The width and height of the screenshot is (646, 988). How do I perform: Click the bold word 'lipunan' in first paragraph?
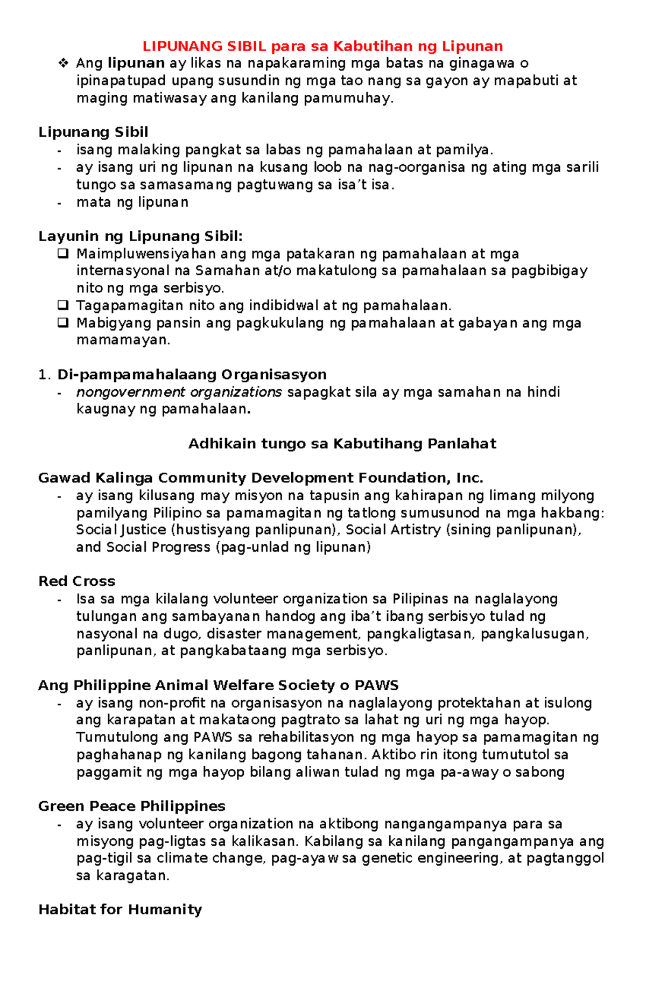[x=136, y=64]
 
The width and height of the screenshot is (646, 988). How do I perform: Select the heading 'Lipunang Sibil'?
[x=93, y=132]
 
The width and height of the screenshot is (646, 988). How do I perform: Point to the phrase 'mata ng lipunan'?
[x=132, y=202]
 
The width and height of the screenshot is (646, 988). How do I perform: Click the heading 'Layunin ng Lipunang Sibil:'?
[x=141, y=236]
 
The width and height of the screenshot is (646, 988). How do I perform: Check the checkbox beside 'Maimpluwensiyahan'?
[x=62, y=254]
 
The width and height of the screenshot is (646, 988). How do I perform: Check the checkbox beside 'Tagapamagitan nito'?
[x=62, y=306]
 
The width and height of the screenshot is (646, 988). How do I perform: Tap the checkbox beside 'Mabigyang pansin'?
[x=62, y=323]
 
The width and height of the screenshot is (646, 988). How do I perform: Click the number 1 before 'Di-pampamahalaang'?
[x=43, y=375]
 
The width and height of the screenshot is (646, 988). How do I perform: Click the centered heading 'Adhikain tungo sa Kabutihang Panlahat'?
[x=342, y=444]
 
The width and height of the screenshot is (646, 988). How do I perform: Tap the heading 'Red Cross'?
[x=76, y=581]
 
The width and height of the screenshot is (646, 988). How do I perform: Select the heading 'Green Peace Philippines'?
[x=131, y=806]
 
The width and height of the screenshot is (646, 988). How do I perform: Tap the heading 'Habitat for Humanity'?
[x=120, y=910]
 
